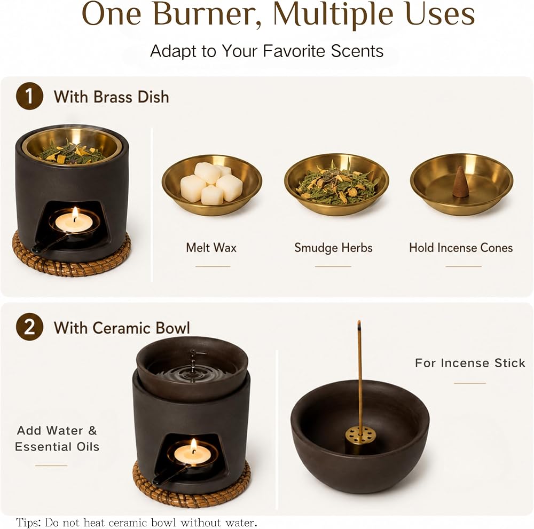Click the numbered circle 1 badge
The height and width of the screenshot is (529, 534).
point(29,96)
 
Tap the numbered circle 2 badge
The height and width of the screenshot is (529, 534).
point(29,327)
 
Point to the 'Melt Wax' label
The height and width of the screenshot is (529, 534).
point(211,248)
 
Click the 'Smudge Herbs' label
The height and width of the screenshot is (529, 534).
point(333,248)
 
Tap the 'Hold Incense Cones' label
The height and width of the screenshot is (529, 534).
point(461,248)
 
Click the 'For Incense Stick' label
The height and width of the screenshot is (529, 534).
point(470,363)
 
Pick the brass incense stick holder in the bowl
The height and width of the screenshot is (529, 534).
point(360,439)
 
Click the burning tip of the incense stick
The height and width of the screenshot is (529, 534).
point(359,325)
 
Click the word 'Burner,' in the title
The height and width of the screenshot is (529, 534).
point(207,14)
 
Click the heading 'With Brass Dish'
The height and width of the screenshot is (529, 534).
point(111,97)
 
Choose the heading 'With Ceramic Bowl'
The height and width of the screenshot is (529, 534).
point(122,328)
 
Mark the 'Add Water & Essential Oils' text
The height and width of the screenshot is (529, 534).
point(57,438)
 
